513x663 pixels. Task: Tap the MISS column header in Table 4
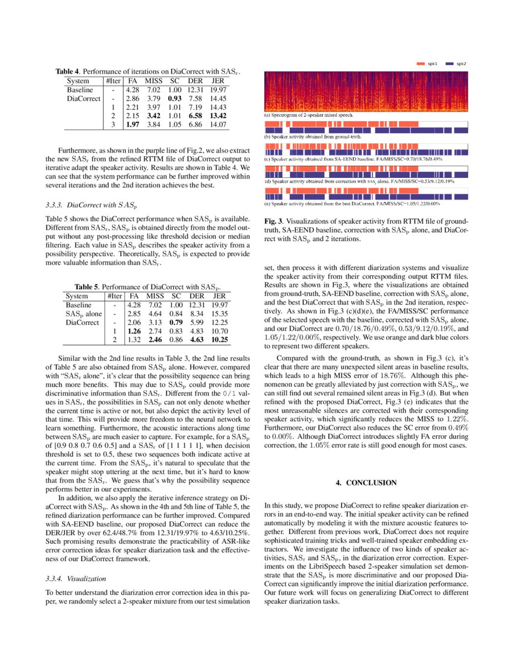155,81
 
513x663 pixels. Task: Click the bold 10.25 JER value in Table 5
220,339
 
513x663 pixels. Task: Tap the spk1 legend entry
427,63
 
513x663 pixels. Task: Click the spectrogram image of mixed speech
366,90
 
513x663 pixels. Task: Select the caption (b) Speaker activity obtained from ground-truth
314,137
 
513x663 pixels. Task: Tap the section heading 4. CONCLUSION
366,483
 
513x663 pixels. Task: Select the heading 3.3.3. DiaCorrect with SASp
92,206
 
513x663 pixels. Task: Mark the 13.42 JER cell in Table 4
218,115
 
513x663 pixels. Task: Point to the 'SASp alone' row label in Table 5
83,313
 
